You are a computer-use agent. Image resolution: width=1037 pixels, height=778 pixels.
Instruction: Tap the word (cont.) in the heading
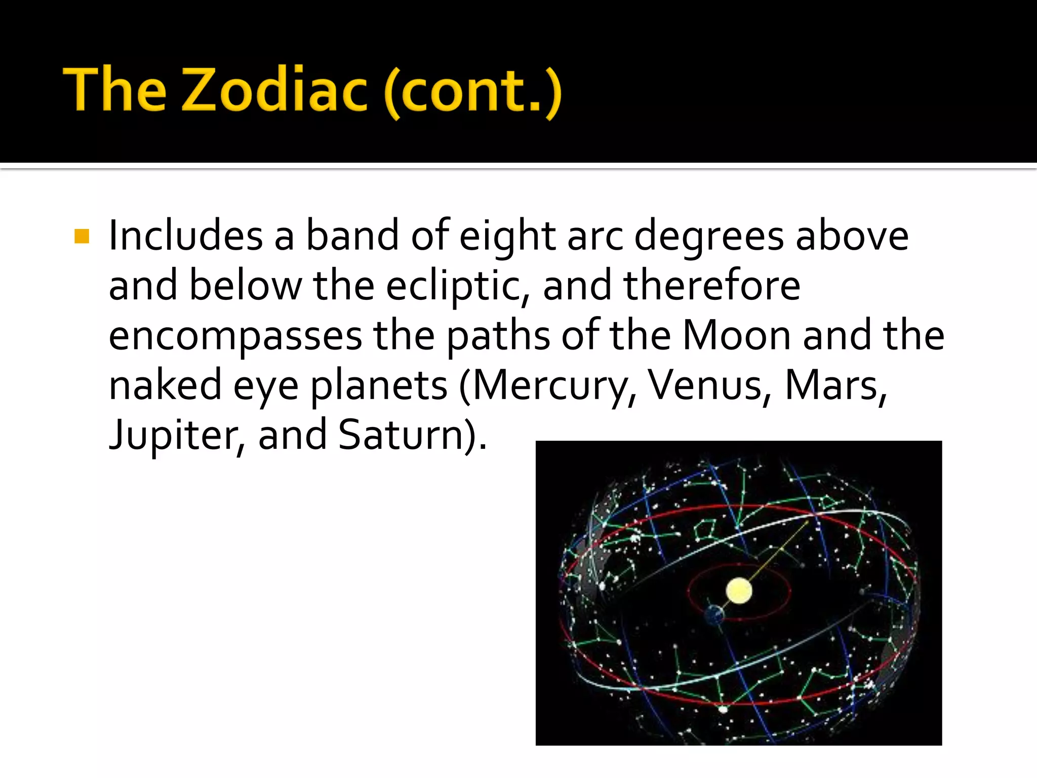pyautogui.click(x=472, y=91)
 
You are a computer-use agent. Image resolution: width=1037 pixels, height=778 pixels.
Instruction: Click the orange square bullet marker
pyautogui.click(x=82, y=237)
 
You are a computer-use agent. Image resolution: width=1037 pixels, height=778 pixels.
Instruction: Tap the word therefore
pyautogui.click(x=712, y=285)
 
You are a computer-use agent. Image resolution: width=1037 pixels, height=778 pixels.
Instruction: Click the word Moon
pyautogui.click(x=737, y=335)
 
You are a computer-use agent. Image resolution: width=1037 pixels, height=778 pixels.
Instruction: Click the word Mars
pyautogui.click(x=835, y=385)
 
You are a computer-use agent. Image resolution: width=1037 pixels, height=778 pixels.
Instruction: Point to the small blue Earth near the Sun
pyautogui.click(x=713, y=614)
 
